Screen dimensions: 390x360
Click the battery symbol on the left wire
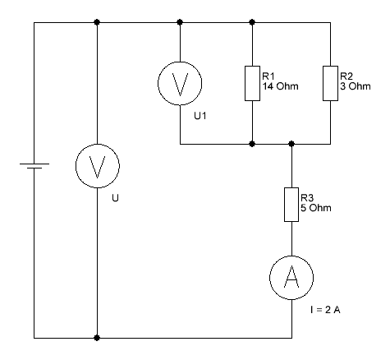tap(34, 166)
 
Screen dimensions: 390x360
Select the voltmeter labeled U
tap(98, 166)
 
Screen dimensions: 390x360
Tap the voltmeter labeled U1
tap(180, 83)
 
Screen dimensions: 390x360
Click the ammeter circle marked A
tap(291, 278)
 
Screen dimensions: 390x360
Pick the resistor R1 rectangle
tap(252, 83)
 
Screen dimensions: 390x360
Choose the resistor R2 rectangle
tap(330, 83)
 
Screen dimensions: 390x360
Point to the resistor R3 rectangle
tap(291, 205)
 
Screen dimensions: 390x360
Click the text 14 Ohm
tap(280, 86)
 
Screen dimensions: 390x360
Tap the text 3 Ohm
tap(356, 86)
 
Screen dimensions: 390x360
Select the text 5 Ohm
tap(316, 208)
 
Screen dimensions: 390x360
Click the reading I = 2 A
tap(325, 310)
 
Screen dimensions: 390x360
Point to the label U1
tap(200, 116)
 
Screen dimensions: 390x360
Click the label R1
tap(268, 76)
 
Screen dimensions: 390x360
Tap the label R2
tap(346, 76)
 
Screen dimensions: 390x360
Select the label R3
tap(307, 198)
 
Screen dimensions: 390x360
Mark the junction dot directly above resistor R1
tap(252, 22)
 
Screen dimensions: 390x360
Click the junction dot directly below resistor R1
tap(252, 144)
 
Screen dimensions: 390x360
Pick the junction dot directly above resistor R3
tap(291, 144)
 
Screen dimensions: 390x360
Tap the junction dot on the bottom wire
tap(97, 338)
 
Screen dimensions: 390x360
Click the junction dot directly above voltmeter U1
tap(180, 22)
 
